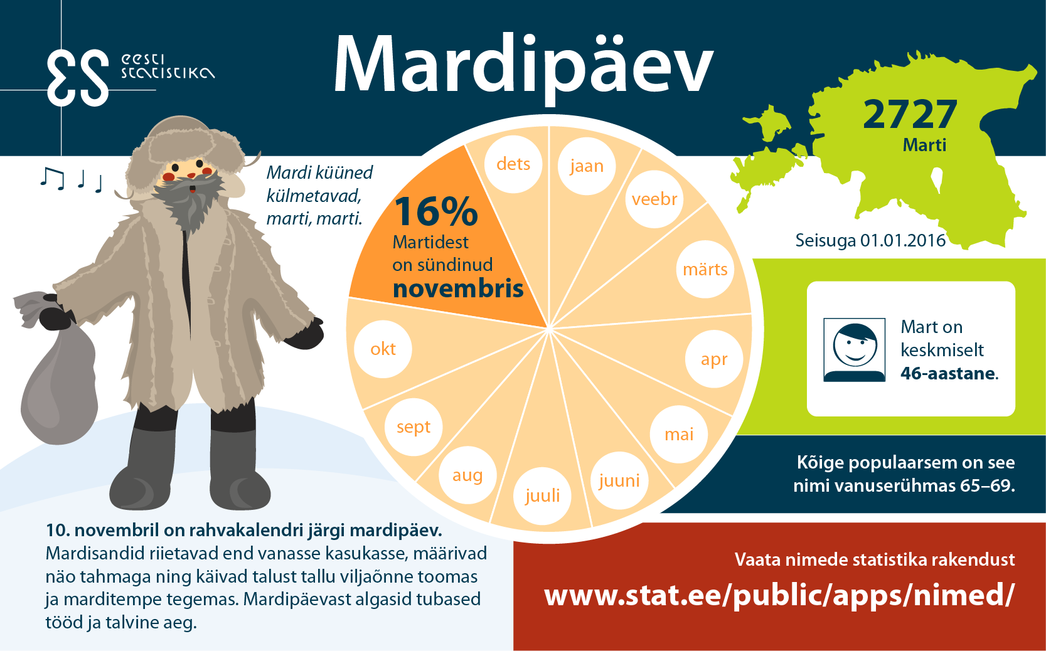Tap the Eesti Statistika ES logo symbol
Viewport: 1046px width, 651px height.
click(x=78, y=78)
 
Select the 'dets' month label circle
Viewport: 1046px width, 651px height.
click(x=513, y=164)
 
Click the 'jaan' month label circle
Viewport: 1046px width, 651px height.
click(x=587, y=166)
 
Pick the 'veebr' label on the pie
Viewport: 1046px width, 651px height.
click(x=654, y=199)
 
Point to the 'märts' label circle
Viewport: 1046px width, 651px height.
click(x=705, y=269)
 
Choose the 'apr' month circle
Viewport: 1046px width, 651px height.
click(x=714, y=359)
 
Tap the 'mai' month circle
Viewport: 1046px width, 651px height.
click(x=678, y=435)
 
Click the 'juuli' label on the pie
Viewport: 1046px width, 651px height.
click(x=542, y=496)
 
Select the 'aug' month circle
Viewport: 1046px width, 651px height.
click(x=467, y=475)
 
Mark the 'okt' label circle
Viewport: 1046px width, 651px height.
click(x=383, y=349)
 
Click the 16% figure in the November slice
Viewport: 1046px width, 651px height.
click(x=436, y=211)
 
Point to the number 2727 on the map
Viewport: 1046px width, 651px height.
click(x=910, y=114)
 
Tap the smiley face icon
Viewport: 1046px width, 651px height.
click(x=855, y=349)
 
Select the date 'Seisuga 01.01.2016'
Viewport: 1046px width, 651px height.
click(x=870, y=240)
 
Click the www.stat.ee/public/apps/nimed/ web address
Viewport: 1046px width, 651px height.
click(x=780, y=596)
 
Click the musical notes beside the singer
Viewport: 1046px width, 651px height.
click(x=71, y=179)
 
